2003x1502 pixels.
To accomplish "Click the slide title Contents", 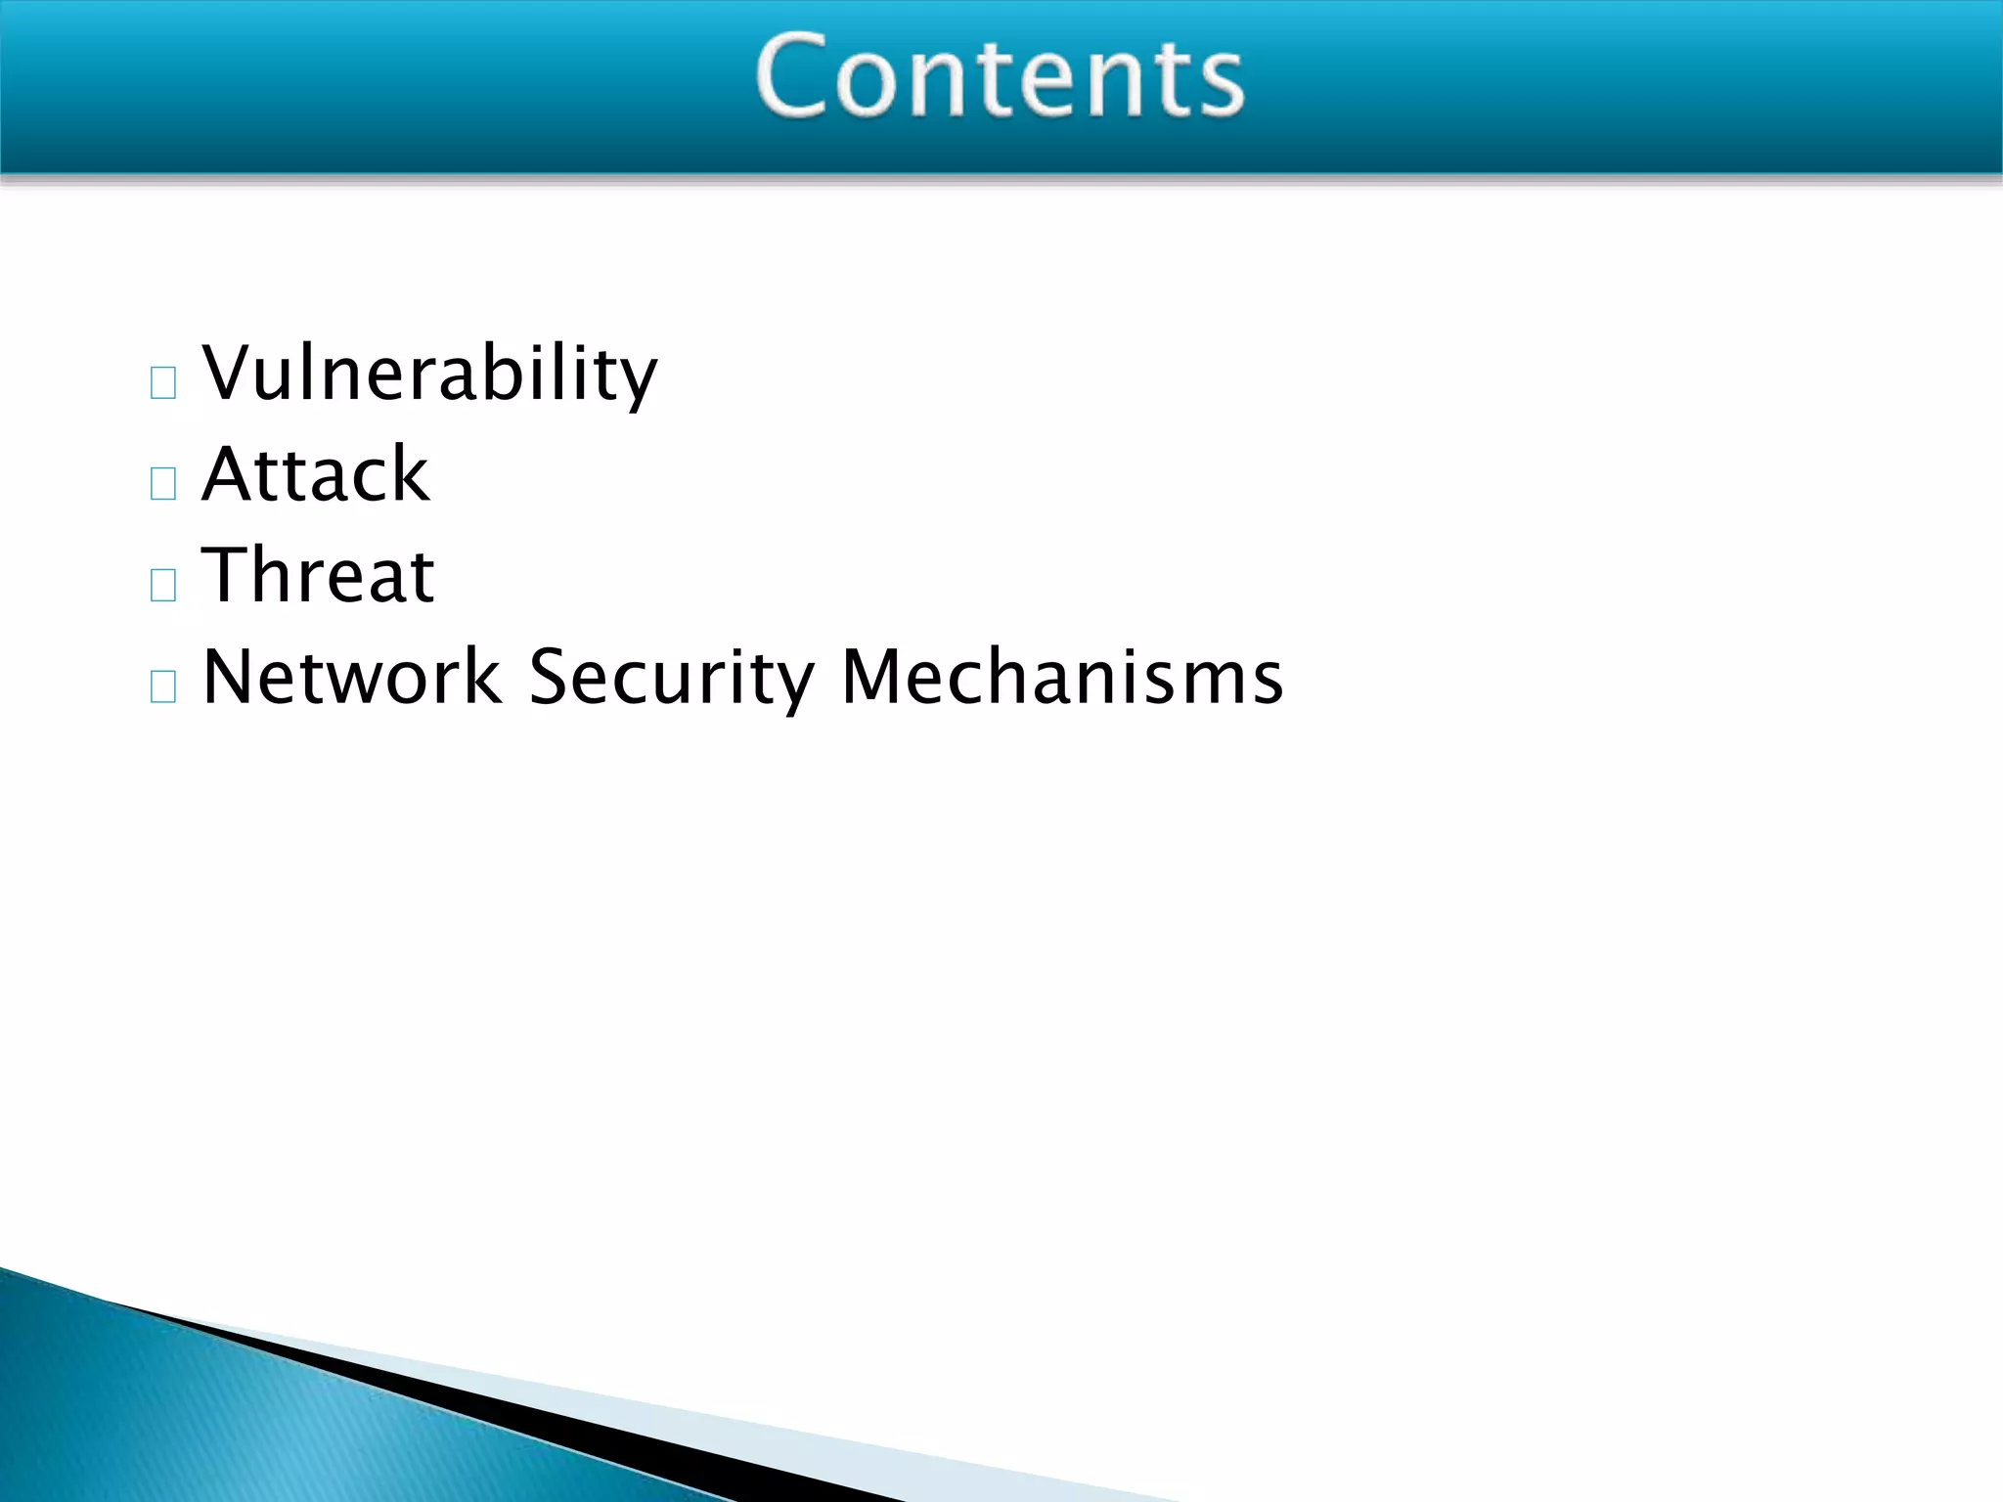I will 1000,76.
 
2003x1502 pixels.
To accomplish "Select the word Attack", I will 315,474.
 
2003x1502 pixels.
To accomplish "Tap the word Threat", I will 318,575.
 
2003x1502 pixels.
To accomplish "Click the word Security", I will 671,677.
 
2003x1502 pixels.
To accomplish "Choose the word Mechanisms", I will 1061,677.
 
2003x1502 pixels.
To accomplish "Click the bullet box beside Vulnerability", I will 163,382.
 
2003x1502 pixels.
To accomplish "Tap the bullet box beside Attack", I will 163,483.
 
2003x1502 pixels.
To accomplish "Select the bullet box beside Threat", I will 163,585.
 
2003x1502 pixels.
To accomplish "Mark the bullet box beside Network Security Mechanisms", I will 163,686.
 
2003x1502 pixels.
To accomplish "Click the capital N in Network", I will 230,677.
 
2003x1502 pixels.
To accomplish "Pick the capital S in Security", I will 550,677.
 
